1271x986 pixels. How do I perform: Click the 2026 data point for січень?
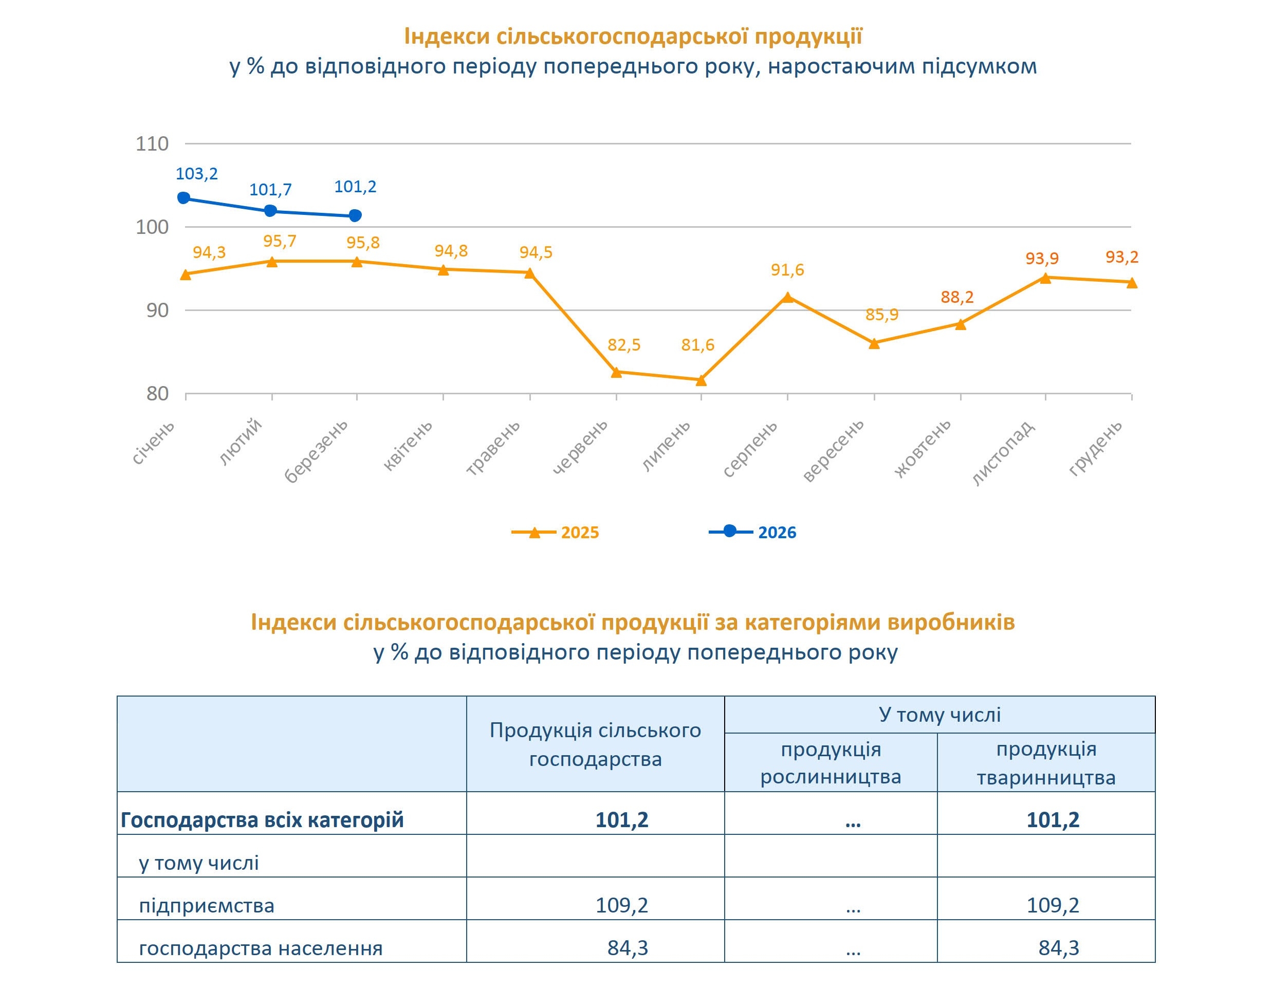point(184,198)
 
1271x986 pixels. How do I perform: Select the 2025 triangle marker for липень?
point(701,380)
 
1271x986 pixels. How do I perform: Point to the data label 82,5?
point(624,345)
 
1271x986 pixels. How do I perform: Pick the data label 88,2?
point(957,298)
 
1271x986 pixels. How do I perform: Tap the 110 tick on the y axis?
point(152,144)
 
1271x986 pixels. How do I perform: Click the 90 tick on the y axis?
point(157,310)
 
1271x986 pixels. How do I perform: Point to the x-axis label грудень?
point(1095,448)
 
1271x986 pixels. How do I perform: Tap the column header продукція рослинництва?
point(831,763)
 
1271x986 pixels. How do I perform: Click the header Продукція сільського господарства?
point(595,744)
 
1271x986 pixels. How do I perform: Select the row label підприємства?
point(207,906)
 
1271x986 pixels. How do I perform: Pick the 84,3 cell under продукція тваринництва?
point(1059,948)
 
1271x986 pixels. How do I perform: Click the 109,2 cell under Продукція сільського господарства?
point(621,905)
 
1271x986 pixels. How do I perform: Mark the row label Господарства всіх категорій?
point(262,820)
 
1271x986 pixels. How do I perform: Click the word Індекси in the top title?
point(446,36)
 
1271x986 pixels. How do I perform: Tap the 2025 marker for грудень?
point(1132,283)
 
